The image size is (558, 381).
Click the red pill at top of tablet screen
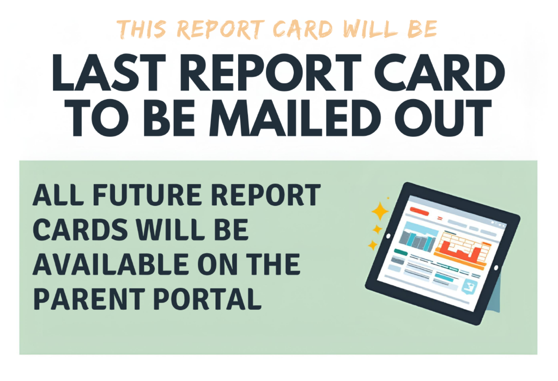[x=418, y=210]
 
